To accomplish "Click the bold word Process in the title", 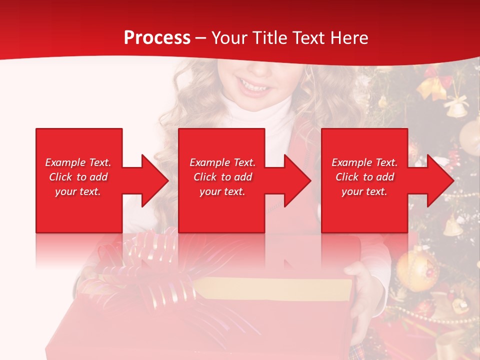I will (157, 38).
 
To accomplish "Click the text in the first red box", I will (78, 177).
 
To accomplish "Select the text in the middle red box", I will (222, 177).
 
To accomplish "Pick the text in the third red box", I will (364, 177).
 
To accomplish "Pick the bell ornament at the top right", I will (455, 107).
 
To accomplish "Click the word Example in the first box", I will (65, 162).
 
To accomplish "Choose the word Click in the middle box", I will (204, 177).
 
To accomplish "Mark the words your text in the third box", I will (364, 191).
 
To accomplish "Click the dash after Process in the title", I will (201, 38).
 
